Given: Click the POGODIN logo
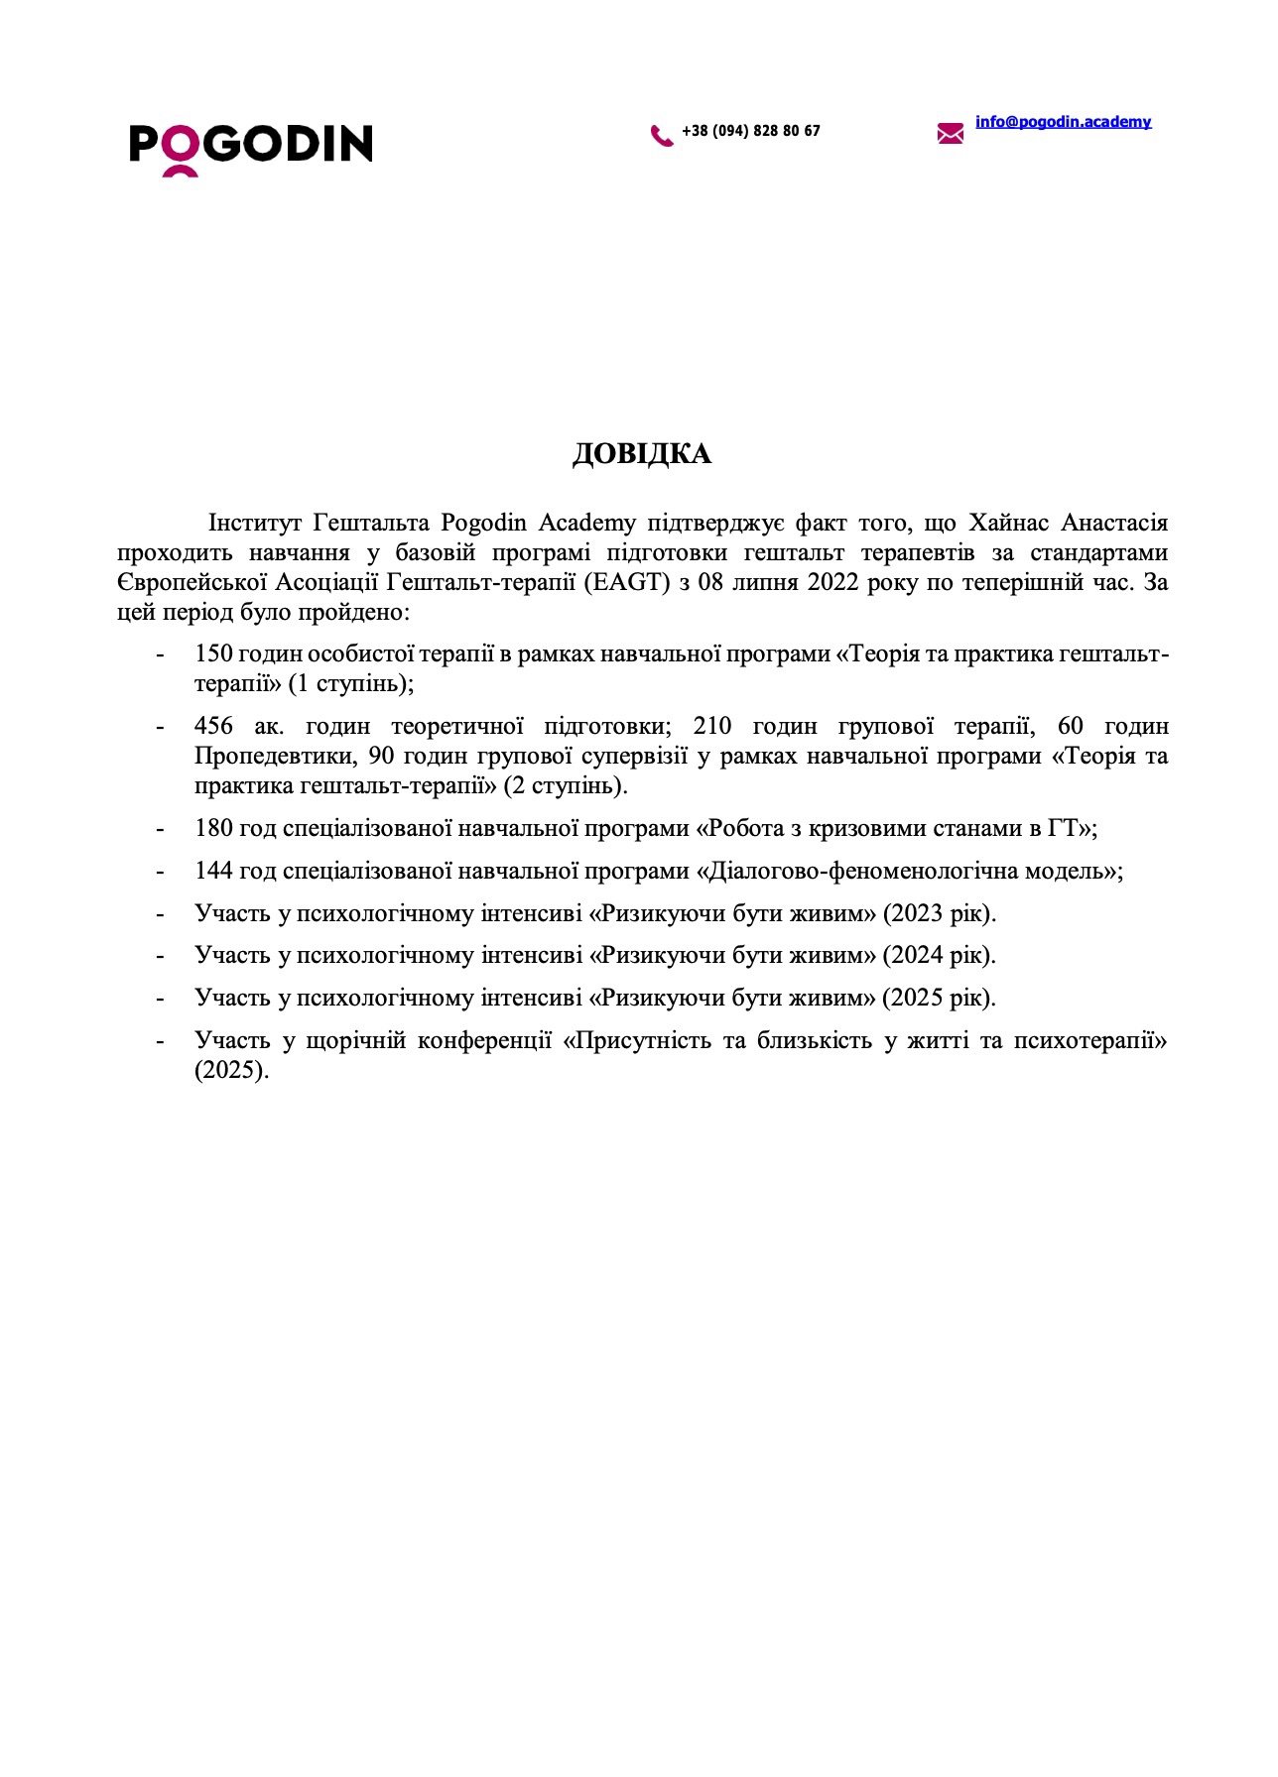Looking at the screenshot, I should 250,147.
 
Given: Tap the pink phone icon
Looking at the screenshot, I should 661,135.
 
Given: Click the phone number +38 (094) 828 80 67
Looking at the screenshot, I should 751,131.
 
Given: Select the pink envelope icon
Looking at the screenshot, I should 950,133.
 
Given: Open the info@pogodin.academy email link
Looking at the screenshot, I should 1063,122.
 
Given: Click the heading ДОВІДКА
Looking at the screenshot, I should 642,454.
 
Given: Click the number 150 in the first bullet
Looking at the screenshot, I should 213,654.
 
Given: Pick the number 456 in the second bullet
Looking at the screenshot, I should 213,727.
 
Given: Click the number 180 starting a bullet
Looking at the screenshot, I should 213,829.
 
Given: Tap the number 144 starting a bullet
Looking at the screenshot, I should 213,872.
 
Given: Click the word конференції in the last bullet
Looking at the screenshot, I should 483,1041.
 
